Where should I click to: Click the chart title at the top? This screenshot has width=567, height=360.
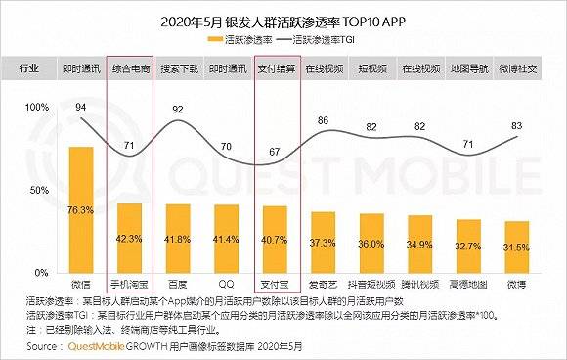point(283,22)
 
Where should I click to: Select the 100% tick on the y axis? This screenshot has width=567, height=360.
point(35,106)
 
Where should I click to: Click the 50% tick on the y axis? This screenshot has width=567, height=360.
point(37,189)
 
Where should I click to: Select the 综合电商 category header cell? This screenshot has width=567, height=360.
point(130,70)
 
